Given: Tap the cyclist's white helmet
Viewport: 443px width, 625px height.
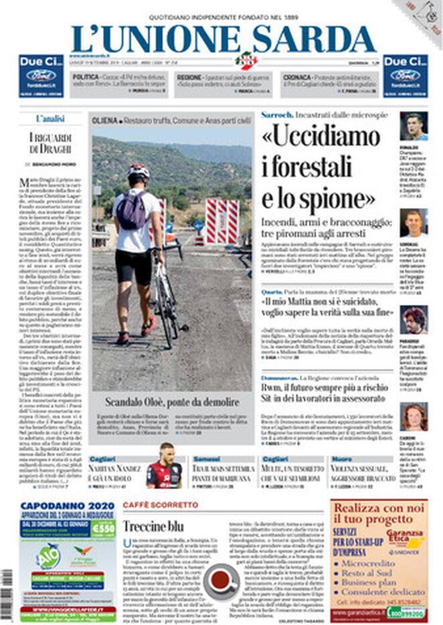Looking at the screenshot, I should coord(139,171).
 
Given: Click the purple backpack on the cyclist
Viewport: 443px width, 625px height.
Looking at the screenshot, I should coord(132,210).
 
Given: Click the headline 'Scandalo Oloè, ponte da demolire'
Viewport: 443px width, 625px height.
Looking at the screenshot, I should coord(171,402).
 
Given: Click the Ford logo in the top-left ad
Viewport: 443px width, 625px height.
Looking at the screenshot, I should coord(41,75).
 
